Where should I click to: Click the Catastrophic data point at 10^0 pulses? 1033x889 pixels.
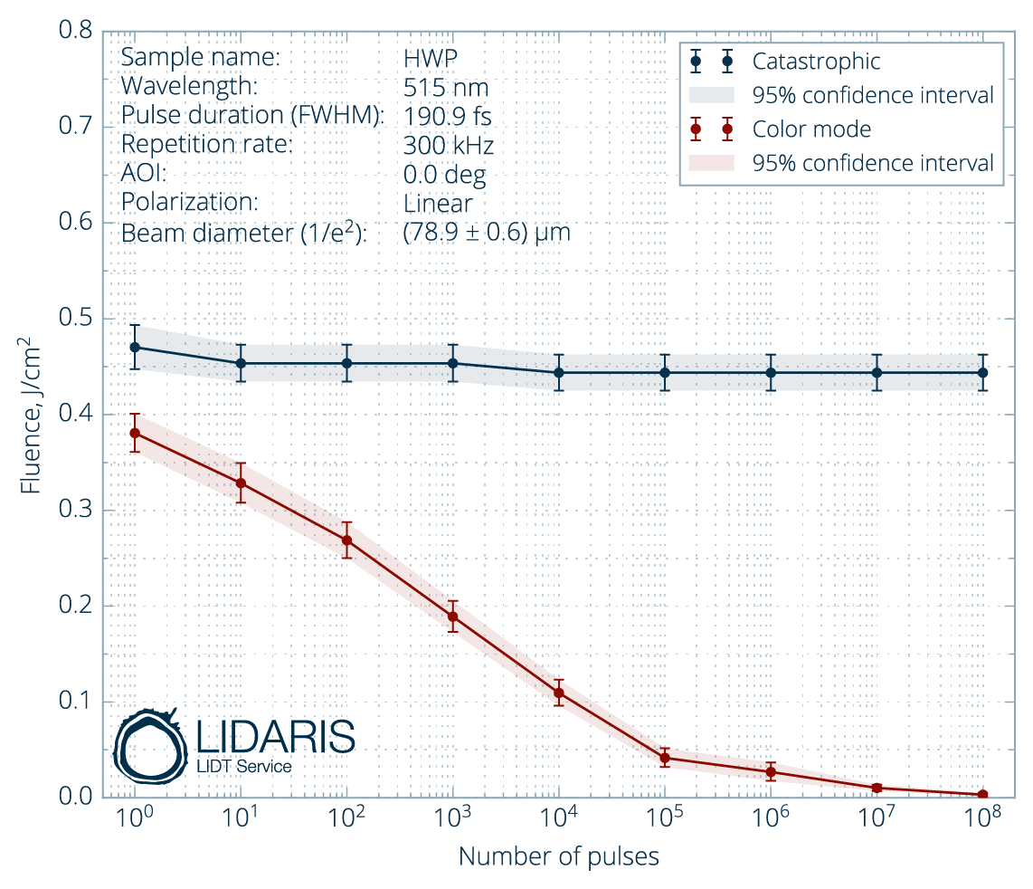pyautogui.click(x=135, y=347)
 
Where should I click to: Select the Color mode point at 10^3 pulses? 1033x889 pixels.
pyautogui.click(x=453, y=617)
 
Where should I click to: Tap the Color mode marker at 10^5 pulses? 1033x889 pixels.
pyautogui.click(x=665, y=758)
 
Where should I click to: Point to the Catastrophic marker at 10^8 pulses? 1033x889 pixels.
pyautogui.click(x=982, y=372)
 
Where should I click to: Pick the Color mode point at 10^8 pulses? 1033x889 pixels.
pyautogui.click(x=982, y=794)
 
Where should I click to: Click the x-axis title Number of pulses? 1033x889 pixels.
pyautogui.click(x=558, y=856)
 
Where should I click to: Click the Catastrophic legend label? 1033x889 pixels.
pyautogui.click(x=816, y=62)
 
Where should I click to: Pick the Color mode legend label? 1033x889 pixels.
pyautogui.click(x=811, y=129)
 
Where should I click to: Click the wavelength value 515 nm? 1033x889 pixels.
pyautogui.click(x=446, y=88)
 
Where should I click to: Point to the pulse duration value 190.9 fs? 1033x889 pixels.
pyautogui.click(x=448, y=117)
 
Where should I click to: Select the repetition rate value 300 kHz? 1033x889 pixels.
pyautogui.click(x=449, y=146)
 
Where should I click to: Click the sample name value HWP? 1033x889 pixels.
pyautogui.click(x=431, y=57)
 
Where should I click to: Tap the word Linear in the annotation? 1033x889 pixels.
pyautogui.click(x=438, y=204)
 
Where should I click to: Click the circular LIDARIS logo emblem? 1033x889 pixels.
pyautogui.click(x=149, y=748)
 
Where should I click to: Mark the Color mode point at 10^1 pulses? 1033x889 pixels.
pyautogui.click(x=241, y=483)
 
